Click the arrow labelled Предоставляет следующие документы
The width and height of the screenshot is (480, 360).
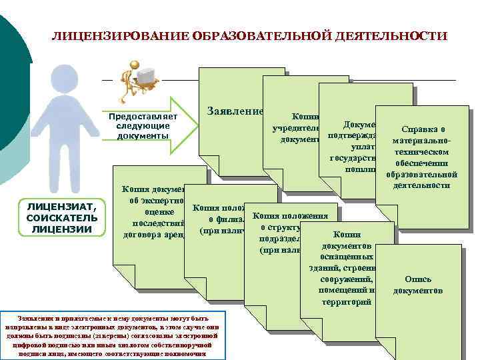[x=143, y=125]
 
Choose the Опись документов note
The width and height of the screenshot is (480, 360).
[x=417, y=285]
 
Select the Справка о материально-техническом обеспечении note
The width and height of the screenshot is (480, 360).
[x=423, y=157]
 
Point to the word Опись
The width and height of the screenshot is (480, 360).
[x=417, y=279]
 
